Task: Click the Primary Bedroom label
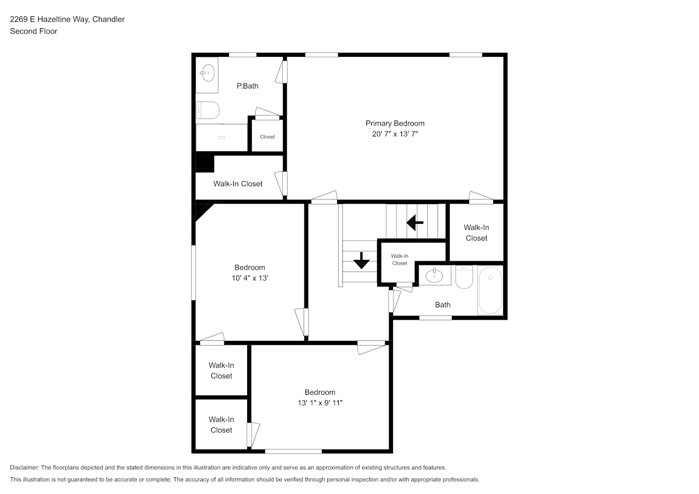point(395,123)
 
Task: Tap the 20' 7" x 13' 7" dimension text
point(395,134)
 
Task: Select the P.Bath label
point(248,86)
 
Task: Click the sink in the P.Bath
point(208,73)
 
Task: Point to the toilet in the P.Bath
point(208,110)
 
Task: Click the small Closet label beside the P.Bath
point(267,137)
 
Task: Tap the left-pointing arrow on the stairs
point(415,223)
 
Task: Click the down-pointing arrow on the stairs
point(361,260)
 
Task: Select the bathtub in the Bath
point(490,290)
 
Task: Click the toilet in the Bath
point(464,277)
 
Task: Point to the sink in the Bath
point(434,275)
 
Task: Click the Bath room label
point(443,305)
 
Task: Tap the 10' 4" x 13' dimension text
point(250,278)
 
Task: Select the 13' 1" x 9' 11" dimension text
point(320,403)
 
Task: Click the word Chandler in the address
point(108,19)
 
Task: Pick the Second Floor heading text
point(34,31)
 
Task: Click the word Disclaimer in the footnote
point(24,467)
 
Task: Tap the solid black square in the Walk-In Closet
point(205,164)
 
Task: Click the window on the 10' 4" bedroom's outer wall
point(193,273)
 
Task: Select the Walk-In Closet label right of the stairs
point(476,233)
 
